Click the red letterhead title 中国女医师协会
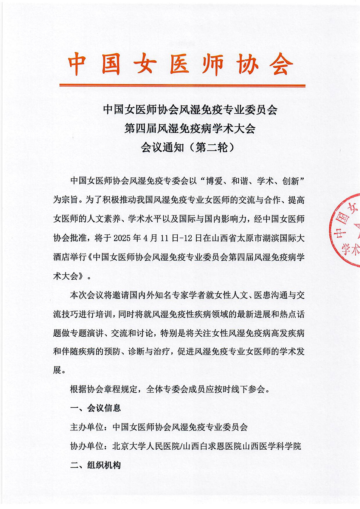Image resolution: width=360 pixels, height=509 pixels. [x=180, y=64]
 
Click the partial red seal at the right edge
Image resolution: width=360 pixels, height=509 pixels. [x=346, y=231]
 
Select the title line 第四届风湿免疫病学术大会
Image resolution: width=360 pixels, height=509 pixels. [x=190, y=128]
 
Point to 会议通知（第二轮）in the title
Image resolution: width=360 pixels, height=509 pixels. [x=188, y=147]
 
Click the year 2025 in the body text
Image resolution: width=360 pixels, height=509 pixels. [x=122, y=238]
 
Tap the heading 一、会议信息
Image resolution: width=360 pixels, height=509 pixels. [x=95, y=408]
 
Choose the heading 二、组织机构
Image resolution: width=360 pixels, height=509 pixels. [x=95, y=465]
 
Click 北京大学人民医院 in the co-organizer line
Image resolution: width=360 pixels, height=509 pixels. [x=146, y=446]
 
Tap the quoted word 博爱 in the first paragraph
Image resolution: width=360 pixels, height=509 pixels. [x=214, y=181]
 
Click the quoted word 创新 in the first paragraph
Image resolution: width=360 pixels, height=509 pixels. [x=290, y=181]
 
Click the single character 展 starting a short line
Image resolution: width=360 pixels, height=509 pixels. [x=57, y=370]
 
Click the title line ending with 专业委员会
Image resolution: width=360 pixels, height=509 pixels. [x=190, y=110]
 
